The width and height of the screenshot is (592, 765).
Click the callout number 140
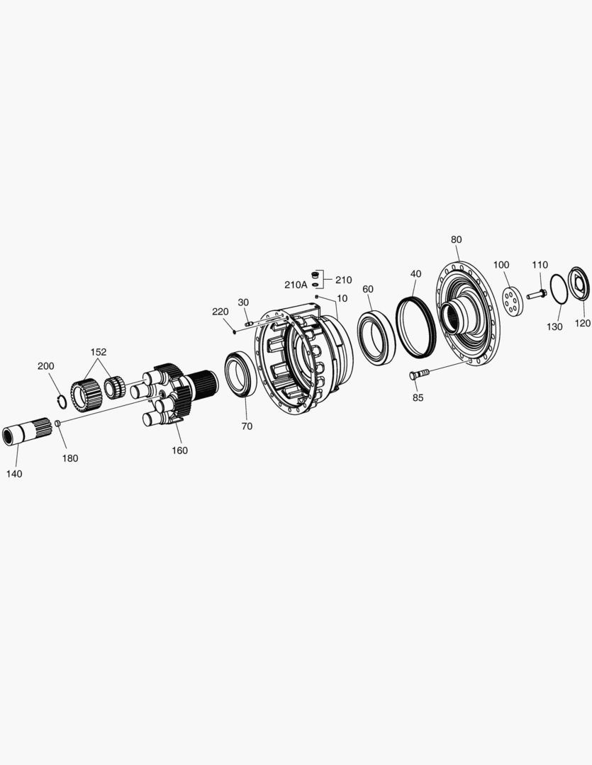click(x=13, y=474)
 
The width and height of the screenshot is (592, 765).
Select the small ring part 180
click(x=59, y=424)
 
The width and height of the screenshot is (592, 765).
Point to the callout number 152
click(x=98, y=352)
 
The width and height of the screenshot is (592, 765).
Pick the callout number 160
click(x=180, y=450)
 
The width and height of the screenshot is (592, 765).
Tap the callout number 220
click(x=220, y=312)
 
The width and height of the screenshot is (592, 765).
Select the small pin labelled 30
click(x=249, y=324)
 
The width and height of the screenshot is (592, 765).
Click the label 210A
click(x=296, y=285)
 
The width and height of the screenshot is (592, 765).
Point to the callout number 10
click(x=342, y=298)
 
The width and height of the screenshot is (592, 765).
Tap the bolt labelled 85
click(x=418, y=375)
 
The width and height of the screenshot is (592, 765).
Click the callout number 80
click(x=456, y=239)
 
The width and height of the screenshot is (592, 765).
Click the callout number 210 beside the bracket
click(x=343, y=280)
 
